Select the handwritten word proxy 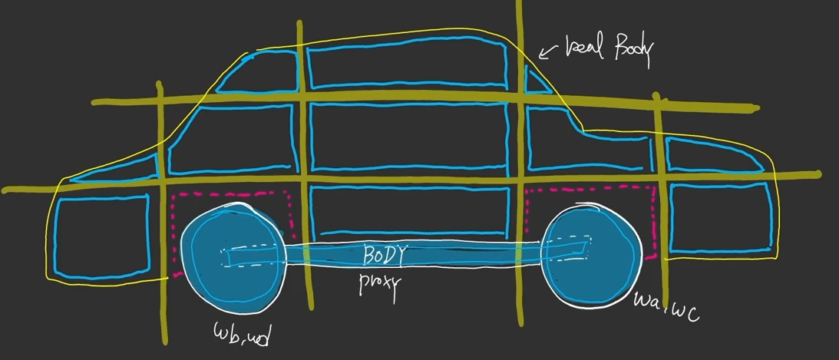point(379,282)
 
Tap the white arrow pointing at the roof point(548,52)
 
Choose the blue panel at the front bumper point(720,216)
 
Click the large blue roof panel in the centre point(407,69)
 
